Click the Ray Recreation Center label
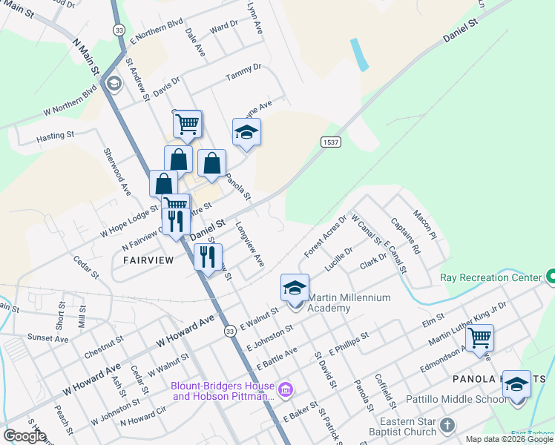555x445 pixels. [x=491, y=278]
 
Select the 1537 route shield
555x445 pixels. [x=331, y=142]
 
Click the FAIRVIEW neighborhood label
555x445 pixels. [x=148, y=260]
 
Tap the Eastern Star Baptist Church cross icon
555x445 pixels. [x=447, y=426]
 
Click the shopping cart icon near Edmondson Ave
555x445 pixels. [x=480, y=338]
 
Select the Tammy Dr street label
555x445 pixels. [x=244, y=72]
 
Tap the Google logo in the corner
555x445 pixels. [x=24, y=436]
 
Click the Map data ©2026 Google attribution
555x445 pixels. [x=508, y=439]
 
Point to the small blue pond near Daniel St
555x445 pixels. [x=360, y=55]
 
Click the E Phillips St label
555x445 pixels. [x=349, y=346]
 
